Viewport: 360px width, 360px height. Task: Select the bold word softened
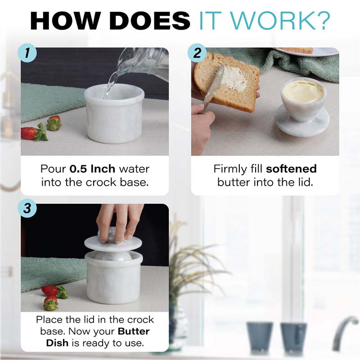291,169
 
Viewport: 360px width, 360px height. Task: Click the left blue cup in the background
260,337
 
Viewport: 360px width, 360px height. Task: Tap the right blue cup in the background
293,337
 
